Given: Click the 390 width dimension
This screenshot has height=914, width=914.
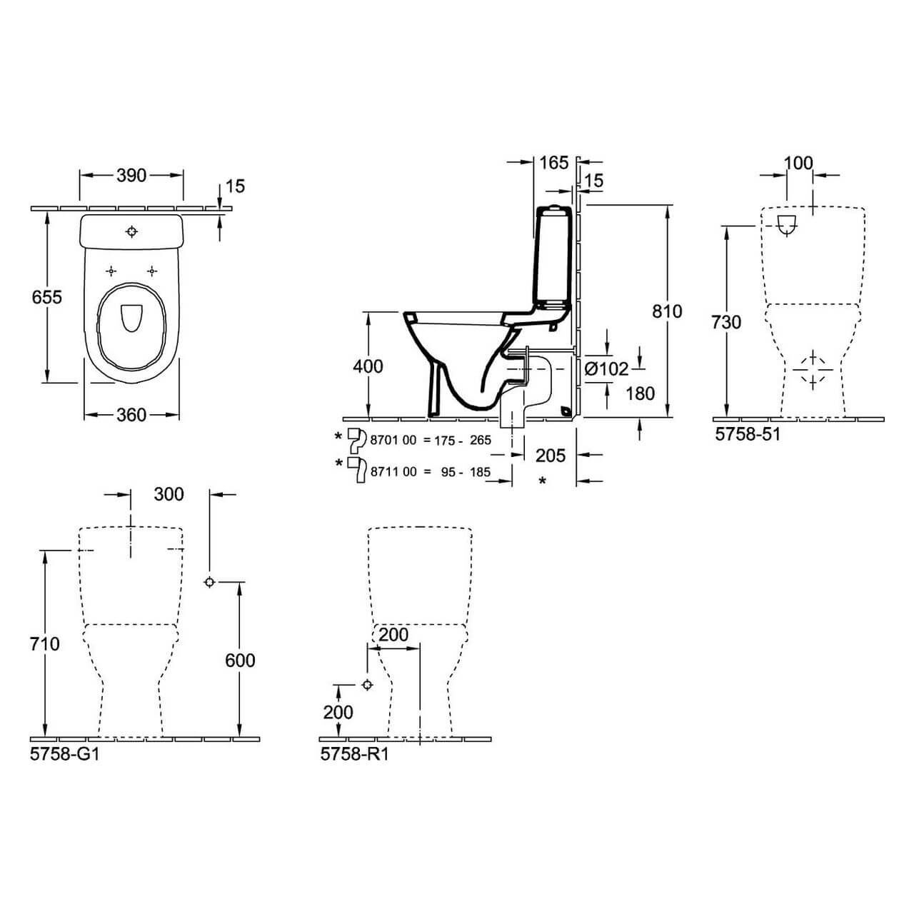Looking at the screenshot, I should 131,176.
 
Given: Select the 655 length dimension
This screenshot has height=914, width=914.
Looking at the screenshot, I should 46,297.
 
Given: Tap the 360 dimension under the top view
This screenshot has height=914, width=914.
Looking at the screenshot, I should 131,415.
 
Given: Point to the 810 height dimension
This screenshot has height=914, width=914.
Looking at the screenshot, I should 667,311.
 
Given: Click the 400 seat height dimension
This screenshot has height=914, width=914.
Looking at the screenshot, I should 368,366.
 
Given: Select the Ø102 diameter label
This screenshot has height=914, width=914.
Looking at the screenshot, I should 606,368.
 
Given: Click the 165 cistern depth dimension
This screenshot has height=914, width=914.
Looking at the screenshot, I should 554,163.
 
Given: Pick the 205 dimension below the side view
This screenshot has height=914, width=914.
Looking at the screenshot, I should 551,456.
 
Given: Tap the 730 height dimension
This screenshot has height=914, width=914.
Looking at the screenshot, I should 726,323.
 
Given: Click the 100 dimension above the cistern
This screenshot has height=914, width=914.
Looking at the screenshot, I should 798,164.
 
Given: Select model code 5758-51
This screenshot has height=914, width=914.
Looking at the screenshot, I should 748,433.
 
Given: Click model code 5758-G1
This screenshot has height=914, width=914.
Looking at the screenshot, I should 65,753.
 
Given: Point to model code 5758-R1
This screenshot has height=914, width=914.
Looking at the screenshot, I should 354,753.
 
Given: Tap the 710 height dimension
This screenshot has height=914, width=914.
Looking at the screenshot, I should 45,644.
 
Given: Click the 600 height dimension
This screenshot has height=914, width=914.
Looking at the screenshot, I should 240,660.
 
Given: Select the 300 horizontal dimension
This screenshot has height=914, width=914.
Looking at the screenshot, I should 169,494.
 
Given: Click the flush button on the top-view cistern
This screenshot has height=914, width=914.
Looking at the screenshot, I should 131,231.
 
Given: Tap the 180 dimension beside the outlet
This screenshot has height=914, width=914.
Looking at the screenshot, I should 639,393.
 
